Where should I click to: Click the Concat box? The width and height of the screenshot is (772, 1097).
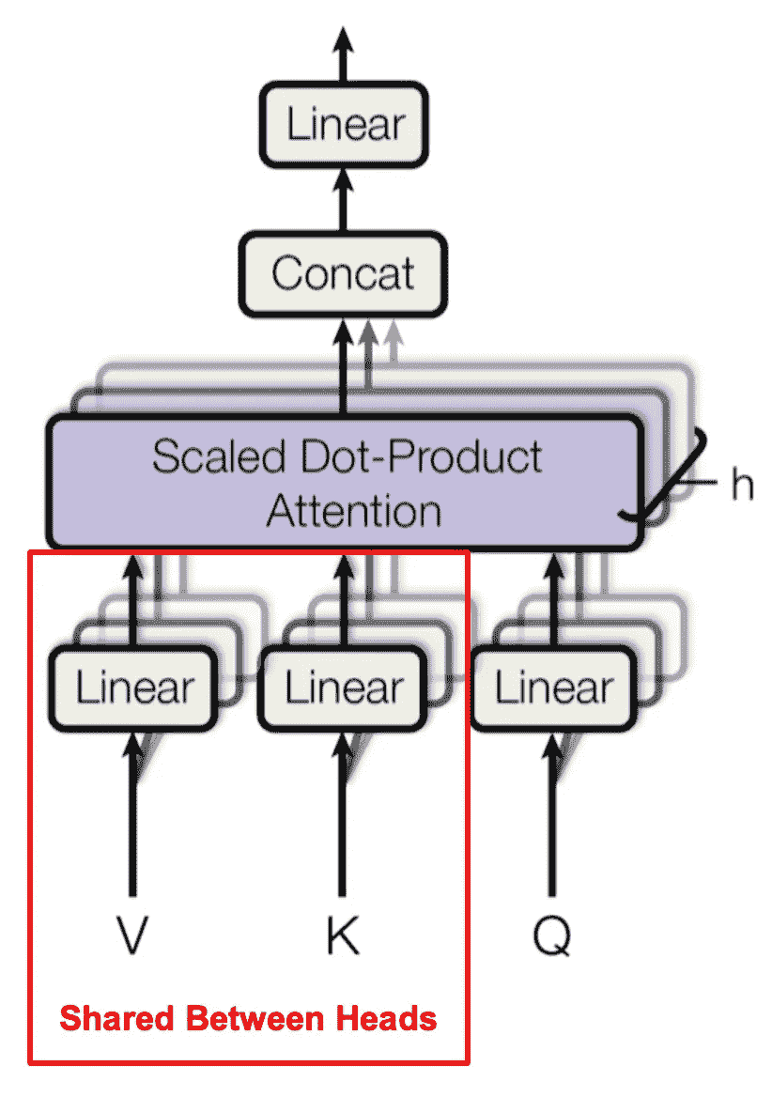coord(343,273)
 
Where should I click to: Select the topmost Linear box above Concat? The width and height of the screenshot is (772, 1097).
coord(345,126)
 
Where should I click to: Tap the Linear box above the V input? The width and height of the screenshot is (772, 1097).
coord(134,688)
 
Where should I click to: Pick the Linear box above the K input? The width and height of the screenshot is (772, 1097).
coord(344,688)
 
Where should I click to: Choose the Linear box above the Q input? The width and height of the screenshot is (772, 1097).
coord(553,688)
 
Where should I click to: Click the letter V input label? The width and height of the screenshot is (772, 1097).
coord(133,936)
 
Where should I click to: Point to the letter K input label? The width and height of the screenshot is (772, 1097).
coord(343,936)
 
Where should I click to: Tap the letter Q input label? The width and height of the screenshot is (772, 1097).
coord(552,936)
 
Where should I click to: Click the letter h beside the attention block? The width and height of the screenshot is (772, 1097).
coord(741,486)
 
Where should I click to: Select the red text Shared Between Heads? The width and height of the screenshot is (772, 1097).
coord(249,1017)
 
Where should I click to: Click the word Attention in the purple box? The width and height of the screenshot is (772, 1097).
coord(353,512)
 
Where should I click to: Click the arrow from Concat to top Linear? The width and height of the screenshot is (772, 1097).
coord(344,199)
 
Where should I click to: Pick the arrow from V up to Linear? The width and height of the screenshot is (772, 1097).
coord(133,817)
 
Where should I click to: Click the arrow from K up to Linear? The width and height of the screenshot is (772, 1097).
coord(343,817)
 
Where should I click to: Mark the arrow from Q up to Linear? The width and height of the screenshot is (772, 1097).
coord(552,817)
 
